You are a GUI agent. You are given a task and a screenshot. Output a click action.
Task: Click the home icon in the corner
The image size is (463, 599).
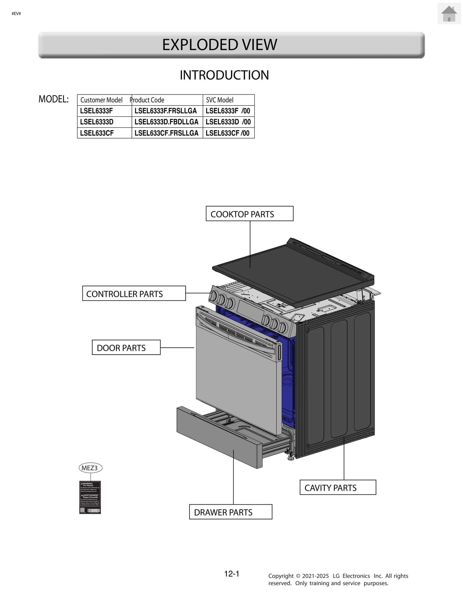coord(449,14)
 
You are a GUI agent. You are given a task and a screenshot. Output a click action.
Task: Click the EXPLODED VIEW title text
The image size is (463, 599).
coord(219,45)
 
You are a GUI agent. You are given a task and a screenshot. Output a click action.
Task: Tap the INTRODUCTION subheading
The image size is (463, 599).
coord(224,75)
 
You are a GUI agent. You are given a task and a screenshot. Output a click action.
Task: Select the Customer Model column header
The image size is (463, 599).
coord(102,100)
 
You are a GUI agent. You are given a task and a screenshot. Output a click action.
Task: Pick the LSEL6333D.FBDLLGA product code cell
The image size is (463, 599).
coord(166,122)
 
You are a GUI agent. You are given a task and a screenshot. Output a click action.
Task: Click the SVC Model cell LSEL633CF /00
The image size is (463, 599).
coord(228,133)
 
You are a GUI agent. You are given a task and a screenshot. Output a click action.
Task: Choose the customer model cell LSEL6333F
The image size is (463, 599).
coord(97,111)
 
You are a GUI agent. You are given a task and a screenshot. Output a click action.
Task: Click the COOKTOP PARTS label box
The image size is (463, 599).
coord(249,214)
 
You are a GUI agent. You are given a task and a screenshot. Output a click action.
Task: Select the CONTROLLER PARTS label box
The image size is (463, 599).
coord(134,294)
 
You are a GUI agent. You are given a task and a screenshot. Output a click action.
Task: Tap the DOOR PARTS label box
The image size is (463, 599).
coord(126,347)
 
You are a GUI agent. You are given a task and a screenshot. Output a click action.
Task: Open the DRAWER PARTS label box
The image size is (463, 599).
coord(231,512)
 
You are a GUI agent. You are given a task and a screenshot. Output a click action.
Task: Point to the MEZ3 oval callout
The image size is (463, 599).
coord(90,468)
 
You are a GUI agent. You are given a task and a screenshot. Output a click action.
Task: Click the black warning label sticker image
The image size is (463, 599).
coord(90,497)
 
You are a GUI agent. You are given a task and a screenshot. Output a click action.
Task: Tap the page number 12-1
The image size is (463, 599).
coord(232,574)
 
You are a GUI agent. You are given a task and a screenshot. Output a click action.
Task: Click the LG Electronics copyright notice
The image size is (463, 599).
coord(338,579)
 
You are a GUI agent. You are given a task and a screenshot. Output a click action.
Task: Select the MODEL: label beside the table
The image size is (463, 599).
coord(54,99)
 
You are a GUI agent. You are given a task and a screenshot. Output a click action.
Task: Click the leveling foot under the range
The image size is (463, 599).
coord(290,456)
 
